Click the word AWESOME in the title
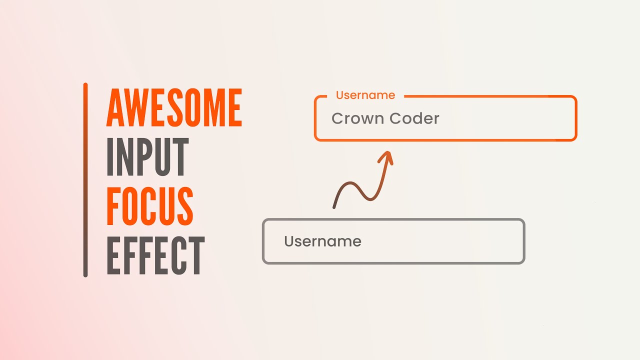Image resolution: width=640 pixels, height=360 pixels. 174,107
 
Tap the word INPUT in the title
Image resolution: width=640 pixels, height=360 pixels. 147,157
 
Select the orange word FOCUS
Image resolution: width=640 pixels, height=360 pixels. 149,205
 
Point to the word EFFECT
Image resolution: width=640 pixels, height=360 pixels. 155,255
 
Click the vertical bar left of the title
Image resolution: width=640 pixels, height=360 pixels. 85,180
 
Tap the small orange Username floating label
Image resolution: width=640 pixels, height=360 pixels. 365,95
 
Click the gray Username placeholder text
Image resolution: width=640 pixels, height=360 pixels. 322,241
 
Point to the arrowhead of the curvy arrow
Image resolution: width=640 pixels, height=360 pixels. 386,155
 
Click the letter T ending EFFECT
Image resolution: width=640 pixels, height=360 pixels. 195,255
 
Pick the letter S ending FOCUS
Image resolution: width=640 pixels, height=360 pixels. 184,205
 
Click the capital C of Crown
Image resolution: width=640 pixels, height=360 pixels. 338,118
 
